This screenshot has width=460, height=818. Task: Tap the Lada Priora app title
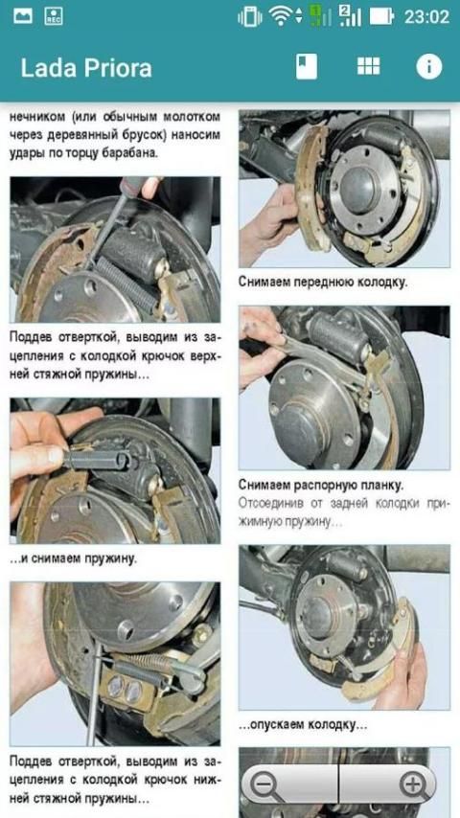[x=86, y=68]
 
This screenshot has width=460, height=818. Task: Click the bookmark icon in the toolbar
[x=306, y=67]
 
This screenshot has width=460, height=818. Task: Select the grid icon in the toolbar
[x=369, y=66]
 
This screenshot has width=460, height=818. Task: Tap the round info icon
[x=429, y=67]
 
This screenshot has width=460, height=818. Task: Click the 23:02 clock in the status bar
[x=426, y=16]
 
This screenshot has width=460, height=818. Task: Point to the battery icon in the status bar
[x=381, y=16]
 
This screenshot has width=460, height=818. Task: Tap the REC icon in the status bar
[x=54, y=16]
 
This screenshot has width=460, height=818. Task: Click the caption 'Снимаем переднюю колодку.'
[x=323, y=283]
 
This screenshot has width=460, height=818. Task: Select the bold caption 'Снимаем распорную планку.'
[x=321, y=485]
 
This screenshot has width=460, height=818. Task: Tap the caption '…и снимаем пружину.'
[x=73, y=558]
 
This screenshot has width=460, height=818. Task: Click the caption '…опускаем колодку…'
[x=303, y=725]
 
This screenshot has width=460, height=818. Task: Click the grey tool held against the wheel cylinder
[x=97, y=458]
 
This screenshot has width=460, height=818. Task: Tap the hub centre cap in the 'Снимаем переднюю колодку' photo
[x=358, y=189]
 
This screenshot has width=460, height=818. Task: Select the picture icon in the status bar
[x=23, y=16]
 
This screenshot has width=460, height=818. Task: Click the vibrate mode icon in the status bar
[x=250, y=16]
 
